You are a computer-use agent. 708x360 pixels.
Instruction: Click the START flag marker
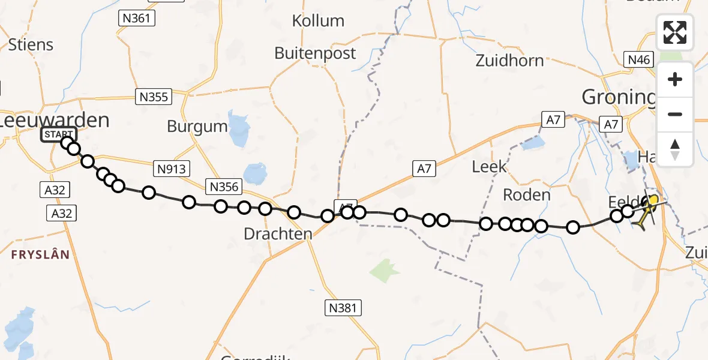click(58, 134)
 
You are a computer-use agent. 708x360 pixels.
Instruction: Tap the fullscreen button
click(675, 32)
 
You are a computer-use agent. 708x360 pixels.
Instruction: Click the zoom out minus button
click(675, 115)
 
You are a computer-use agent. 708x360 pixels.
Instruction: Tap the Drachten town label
click(278, 234)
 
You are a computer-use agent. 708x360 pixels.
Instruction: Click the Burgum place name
click(197, 127)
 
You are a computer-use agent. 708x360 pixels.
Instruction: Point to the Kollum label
click(318, 21)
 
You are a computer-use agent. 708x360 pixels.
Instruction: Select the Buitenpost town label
click(315, 53)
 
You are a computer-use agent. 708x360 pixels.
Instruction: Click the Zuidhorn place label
click(509, 61)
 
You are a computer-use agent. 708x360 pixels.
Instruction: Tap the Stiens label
click(31, 45)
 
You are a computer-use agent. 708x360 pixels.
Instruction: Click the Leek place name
click(490, 166)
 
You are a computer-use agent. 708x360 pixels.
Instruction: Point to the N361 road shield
click(136, 18)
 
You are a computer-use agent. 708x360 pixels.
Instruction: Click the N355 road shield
click(154, 97)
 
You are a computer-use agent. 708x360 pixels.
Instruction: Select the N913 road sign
click(172, 170)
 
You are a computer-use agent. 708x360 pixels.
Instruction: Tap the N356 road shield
click(225, 187)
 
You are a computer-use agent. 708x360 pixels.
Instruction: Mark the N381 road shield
click(344, 308)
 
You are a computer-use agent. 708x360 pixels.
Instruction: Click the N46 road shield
click(638, 59)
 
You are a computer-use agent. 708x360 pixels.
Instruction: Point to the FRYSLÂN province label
click(40, 254)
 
